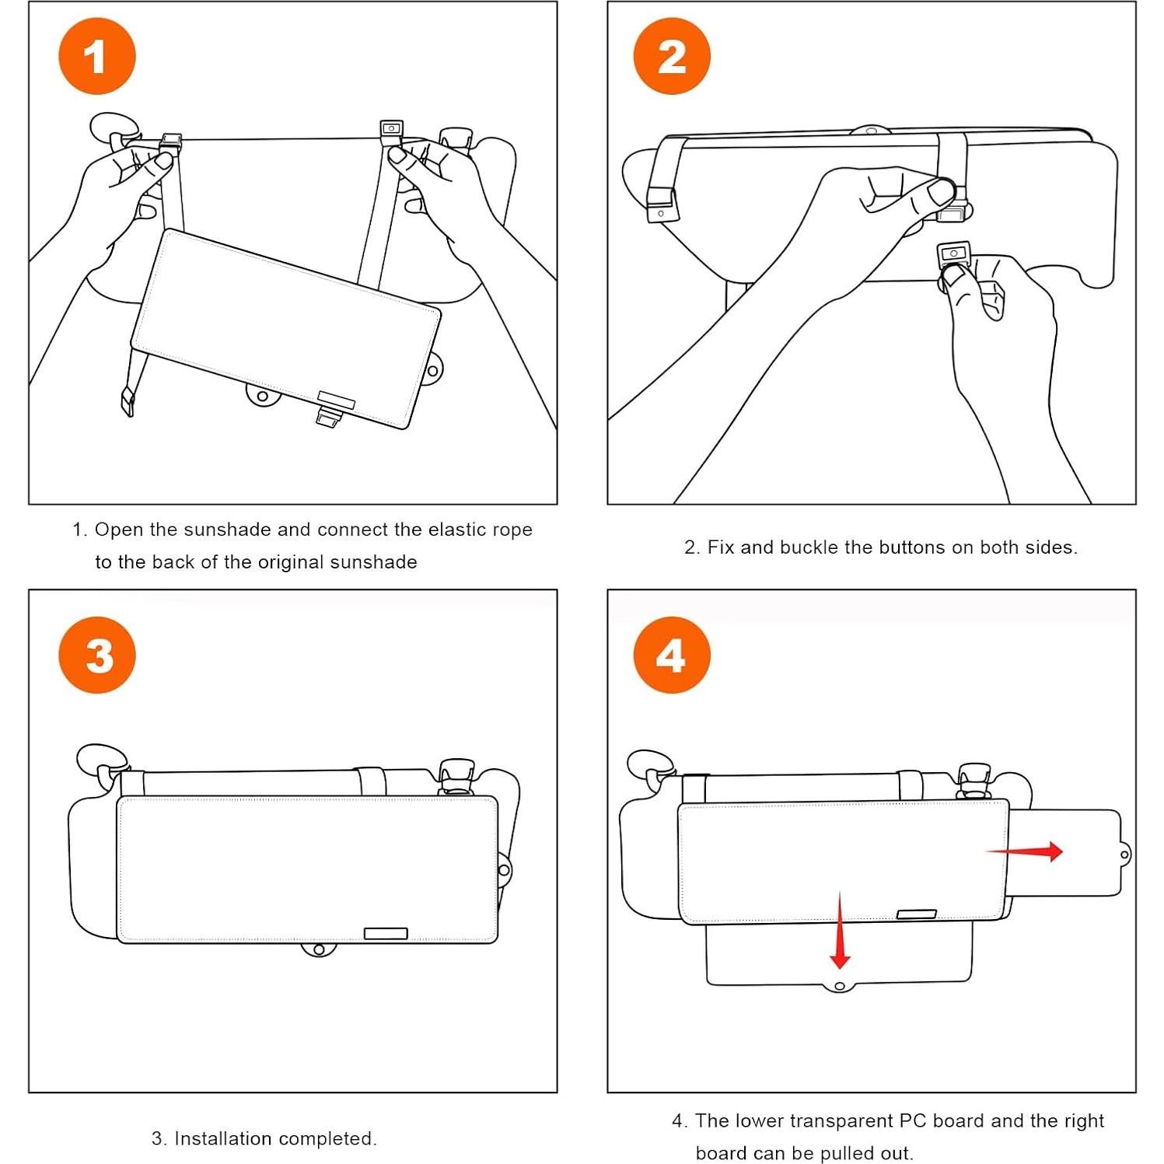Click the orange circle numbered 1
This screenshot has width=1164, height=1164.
[x=97, y=57]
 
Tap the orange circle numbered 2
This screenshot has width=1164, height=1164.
[x=672, y=57]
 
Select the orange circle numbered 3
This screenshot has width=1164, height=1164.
[x=97, y=655]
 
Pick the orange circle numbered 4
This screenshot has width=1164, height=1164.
[x=672, y=655]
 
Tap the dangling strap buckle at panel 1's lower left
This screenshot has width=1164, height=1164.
[x=127, y=402]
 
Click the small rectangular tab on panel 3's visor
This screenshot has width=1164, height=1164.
[x=386, y=933]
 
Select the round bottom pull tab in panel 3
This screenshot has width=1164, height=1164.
[x=318, y=949]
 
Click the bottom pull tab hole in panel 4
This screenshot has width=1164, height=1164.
[x=840, y=986]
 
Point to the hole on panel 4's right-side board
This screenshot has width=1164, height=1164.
[x=1124, y=855]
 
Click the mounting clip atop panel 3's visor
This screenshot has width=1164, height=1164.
[x=456, y=776]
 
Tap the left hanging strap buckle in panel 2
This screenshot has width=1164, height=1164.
[x=662, y=204]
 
